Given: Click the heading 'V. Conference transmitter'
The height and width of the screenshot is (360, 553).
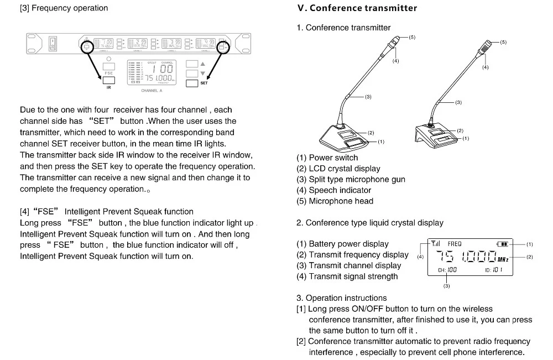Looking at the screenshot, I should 357,8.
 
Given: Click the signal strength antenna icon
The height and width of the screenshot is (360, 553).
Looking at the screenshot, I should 436,243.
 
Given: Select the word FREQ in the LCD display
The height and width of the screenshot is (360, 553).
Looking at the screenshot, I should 454,244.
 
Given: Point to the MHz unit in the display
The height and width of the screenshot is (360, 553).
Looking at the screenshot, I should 503,259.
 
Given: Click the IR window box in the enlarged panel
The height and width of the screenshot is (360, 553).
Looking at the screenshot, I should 109,80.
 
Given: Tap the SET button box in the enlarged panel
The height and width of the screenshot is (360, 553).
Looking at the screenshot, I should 192,83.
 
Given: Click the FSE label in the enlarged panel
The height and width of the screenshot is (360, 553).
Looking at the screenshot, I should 109,73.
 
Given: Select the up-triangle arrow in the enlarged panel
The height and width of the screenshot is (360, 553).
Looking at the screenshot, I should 202,64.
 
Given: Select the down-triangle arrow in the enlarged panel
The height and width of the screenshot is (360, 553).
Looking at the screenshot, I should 202,73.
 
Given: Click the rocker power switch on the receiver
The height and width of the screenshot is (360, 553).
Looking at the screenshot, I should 54,43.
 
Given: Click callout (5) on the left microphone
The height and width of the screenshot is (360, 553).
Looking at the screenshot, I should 412,37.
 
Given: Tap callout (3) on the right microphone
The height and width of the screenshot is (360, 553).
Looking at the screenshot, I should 458,102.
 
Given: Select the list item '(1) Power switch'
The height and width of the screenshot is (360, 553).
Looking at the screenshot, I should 327,158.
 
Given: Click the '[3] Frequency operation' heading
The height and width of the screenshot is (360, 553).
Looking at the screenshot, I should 64,8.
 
